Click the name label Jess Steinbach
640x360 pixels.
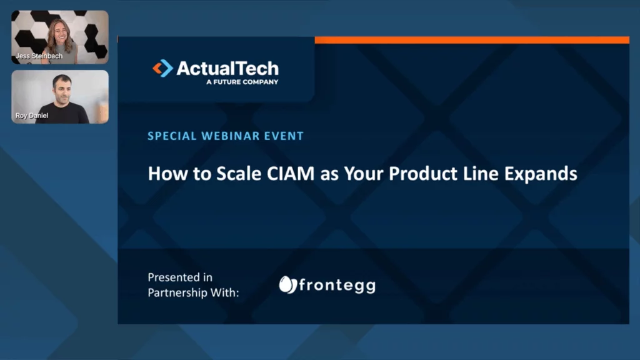point(39,56)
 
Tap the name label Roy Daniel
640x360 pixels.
point(32,116)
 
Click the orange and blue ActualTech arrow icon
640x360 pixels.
point(163,68)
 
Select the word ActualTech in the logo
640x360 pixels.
point(227,68)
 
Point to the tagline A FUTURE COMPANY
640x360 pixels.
point(242,82)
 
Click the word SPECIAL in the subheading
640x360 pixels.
point(172,136)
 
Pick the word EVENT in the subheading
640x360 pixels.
point(284,136)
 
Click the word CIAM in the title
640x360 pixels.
point(291,174)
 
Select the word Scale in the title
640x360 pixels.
point(239,174)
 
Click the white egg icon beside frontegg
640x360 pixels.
point(287,285)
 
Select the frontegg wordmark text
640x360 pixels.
point(337,285)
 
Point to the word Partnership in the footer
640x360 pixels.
point(177,293)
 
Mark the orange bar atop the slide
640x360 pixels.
point(472,39)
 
